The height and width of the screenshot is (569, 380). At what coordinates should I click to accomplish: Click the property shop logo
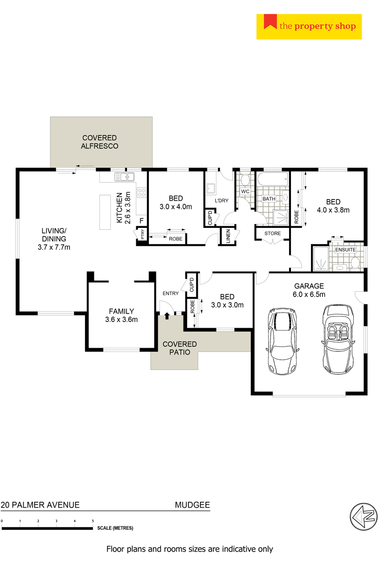(309, 27)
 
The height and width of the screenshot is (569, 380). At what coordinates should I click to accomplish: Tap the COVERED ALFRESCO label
(99, 142)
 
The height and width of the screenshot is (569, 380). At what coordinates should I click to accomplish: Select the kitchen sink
(124, 177)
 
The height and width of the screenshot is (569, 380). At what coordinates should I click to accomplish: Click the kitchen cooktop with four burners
(142, 192)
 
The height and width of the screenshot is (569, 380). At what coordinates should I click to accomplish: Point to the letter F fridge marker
(142, 220)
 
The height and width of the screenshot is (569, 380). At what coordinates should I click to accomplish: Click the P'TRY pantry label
(143, 234)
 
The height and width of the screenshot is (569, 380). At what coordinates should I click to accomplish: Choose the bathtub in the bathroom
(273, 179)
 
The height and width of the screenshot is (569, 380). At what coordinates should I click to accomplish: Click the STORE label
(273, 233)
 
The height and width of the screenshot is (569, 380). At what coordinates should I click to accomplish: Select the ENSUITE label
(345, 250)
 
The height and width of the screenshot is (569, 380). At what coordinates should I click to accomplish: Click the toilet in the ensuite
(355, 262)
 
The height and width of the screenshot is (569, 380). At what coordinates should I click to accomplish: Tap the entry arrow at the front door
(167, 316)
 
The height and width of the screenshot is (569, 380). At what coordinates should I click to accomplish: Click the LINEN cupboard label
(228, 236)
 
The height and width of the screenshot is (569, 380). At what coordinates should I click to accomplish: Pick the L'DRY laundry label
(221, 200)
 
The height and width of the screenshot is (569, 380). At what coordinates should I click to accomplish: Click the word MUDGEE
(192, 505)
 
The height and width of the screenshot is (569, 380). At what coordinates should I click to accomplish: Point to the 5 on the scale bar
(93, 521)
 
